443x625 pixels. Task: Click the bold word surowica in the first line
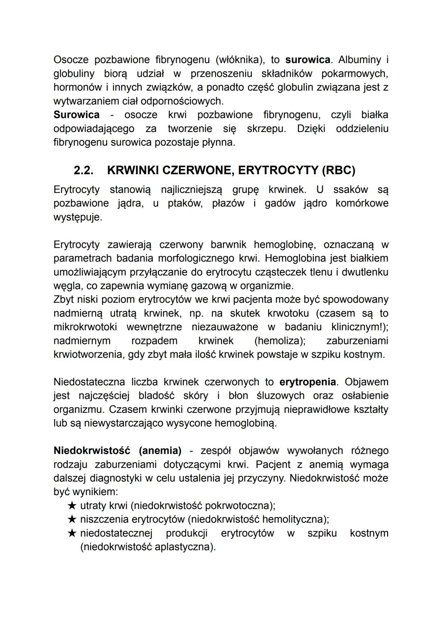pos(308,60)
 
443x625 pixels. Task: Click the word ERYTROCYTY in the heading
pos(276,170)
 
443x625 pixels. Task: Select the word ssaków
pos(350,190)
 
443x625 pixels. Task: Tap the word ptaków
pos(185,203)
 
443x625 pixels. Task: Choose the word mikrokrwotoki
pos(85,327)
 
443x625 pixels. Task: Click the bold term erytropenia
pos(308,382)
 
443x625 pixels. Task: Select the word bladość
pos(156,395)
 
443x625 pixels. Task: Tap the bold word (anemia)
pos(160,451)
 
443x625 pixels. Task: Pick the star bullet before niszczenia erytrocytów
pos(72,519)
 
